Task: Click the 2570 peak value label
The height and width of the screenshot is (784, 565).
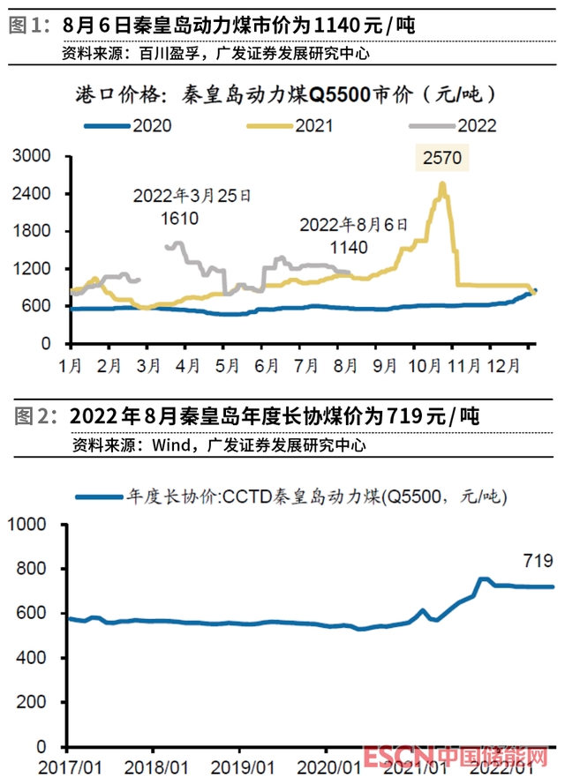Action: (441, 159)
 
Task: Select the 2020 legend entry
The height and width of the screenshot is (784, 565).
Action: (151, 125)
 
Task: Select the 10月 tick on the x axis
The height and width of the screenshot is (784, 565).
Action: (418, 363)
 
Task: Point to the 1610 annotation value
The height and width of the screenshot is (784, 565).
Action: (179, 218)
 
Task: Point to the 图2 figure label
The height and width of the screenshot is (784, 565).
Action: (26, 415)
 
